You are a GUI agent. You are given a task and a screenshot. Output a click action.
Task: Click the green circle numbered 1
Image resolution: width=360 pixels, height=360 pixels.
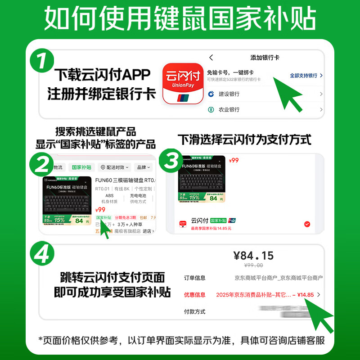(42, 61)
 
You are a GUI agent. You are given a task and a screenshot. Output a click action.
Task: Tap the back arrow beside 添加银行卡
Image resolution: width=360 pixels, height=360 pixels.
(211, 58)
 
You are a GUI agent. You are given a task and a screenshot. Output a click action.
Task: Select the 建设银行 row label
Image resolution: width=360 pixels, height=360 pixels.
(229, 94)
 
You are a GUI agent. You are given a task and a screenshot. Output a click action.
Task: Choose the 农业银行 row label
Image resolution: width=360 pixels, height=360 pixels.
(229, 110)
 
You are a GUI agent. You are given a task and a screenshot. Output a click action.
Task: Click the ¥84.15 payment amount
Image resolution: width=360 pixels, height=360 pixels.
(253, 256)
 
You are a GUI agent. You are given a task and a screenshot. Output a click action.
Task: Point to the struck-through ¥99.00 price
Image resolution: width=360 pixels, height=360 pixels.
(253, 265)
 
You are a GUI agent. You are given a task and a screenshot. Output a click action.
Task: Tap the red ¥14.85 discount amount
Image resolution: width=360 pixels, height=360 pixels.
(306, 295)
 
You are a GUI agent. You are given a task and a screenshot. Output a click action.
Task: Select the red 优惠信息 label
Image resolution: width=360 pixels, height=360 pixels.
(194, 295)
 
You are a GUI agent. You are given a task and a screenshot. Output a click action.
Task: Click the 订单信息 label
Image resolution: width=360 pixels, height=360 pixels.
(194, 278)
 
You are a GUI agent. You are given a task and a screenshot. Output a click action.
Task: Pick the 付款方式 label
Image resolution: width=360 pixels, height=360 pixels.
(194, 311)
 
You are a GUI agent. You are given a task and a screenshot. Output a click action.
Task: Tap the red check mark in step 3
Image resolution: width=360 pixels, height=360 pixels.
(307, 224)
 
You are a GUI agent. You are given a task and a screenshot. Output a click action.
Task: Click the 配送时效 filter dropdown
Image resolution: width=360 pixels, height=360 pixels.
(114, 167)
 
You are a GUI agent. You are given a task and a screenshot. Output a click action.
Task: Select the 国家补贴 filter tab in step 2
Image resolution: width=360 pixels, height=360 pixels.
(81, 167)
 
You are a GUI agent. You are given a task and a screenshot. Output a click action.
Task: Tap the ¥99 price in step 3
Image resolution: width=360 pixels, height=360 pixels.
(234, 160)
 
